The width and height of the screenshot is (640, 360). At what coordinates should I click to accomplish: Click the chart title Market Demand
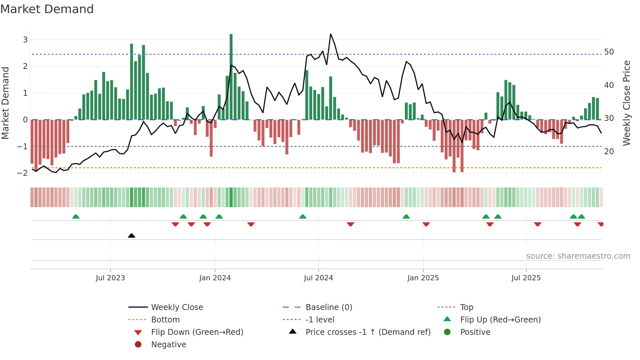coord(47,9)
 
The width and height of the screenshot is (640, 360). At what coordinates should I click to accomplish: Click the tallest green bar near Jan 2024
coord(231,77)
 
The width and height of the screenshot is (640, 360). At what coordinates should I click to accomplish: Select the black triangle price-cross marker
coord(132,236)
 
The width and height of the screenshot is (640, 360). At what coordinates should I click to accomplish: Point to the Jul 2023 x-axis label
coord(110,278)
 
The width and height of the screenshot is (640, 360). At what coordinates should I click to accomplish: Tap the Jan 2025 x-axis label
coord(423,278)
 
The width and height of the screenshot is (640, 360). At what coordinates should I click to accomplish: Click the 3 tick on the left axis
coord(25,40)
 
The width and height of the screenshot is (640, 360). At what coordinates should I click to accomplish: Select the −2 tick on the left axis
coord(23,173)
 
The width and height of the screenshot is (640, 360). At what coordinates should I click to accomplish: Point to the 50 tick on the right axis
coord(609,52)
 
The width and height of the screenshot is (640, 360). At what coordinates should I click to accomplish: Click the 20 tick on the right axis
coord(609,152)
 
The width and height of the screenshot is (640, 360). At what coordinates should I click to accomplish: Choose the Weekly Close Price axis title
coord(626,103)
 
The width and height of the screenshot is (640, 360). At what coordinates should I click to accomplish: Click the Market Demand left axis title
coord(6,103)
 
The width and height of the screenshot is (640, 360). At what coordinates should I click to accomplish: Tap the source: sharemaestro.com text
coord(578,256)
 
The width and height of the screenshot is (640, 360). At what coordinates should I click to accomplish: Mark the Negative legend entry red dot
coord(138,345)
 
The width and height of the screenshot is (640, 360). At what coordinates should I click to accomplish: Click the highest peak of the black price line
coord(330,34)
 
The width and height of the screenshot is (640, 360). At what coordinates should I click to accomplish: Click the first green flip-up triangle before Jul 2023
coord(76,217)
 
